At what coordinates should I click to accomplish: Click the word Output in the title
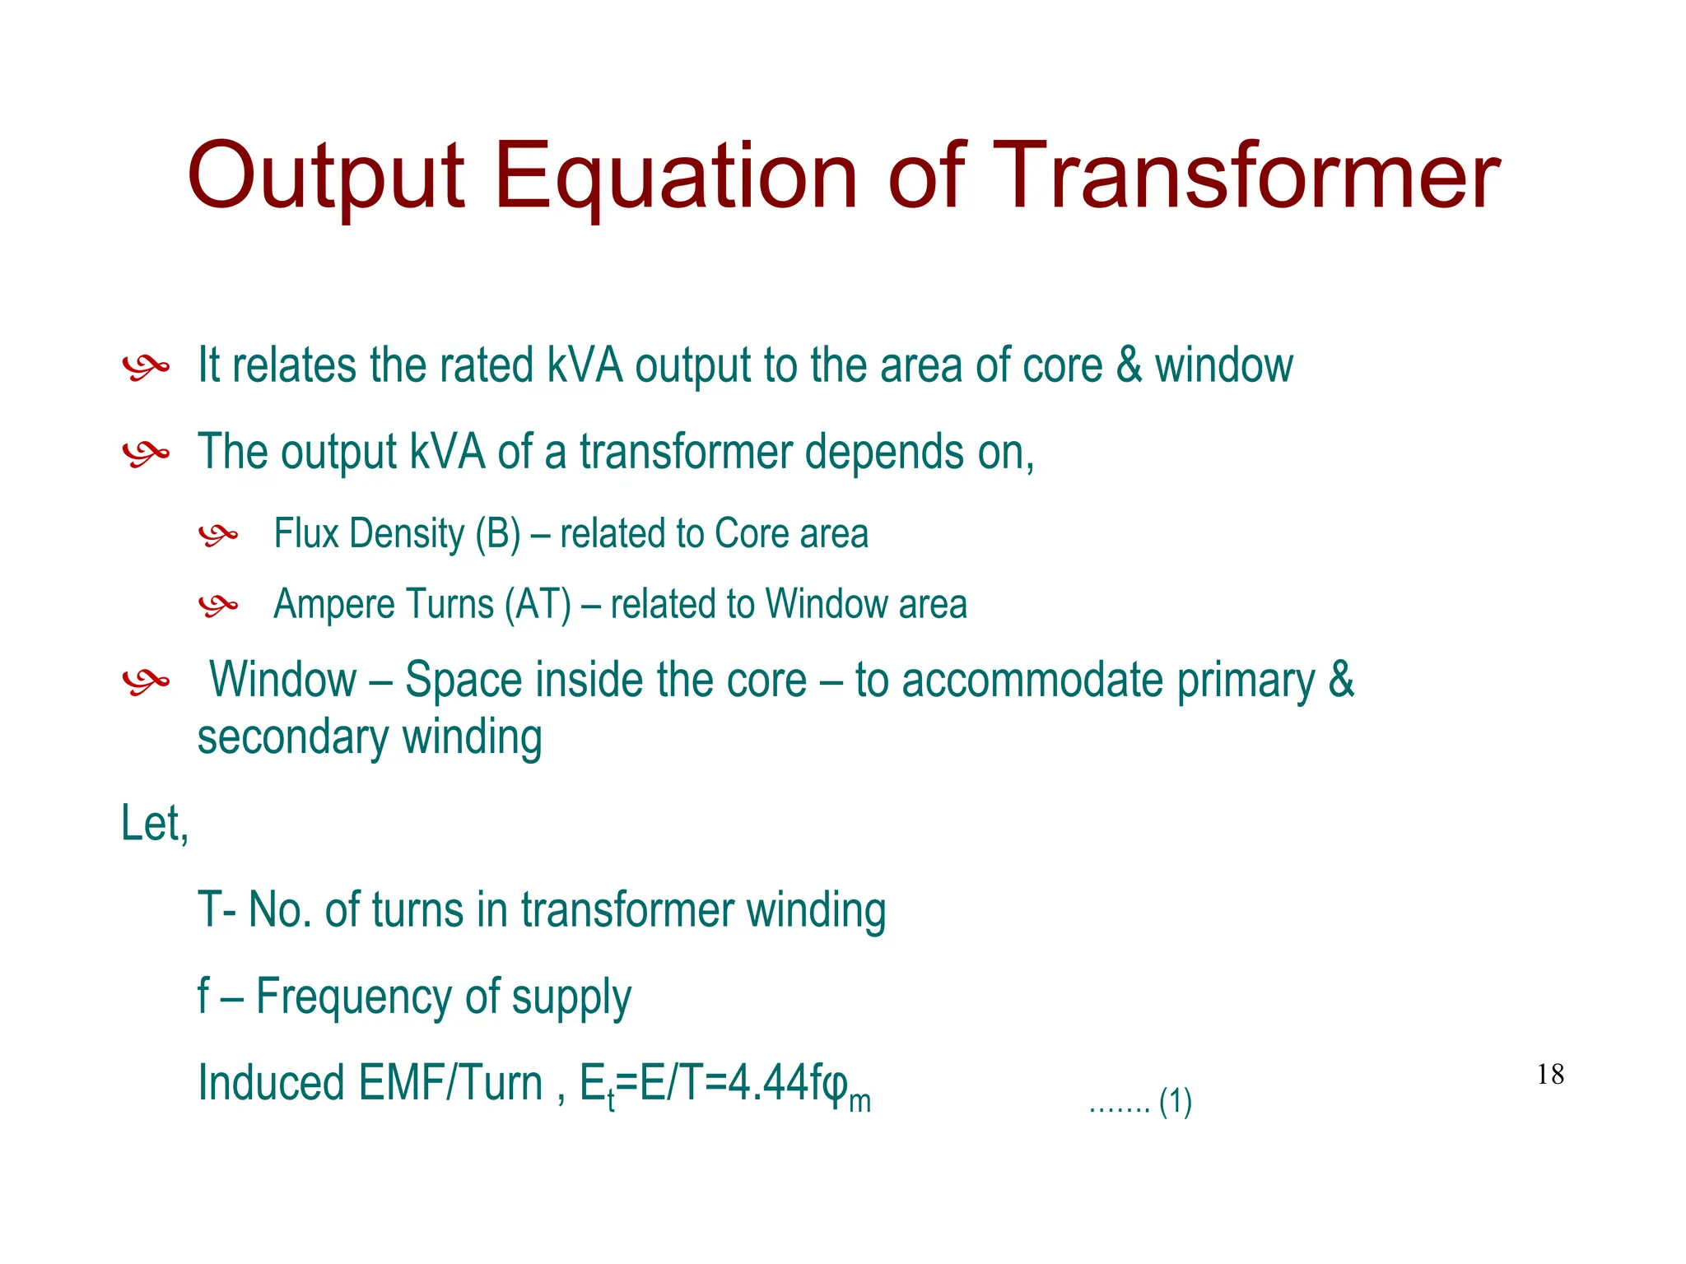[x=326, y=178]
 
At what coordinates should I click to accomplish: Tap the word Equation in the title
[x=676, y=178]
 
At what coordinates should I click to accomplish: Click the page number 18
[x=1550, y=1074]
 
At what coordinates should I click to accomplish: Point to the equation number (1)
[x=1175, y=1102]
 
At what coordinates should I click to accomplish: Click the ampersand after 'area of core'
[x=1129, y=365]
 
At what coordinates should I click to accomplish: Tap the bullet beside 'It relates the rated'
[x=146, y=367]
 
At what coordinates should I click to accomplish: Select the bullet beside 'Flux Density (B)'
[x=218, y=536]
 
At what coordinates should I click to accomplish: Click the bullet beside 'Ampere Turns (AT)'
[x=218, y=606]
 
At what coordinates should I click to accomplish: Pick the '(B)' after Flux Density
[x=498, y=533]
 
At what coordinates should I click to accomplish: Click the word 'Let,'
[x=155, y=823]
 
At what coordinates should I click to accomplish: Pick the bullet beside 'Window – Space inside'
[x=146, y=681]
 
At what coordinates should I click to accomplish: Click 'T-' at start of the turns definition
[x=218, y=910]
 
